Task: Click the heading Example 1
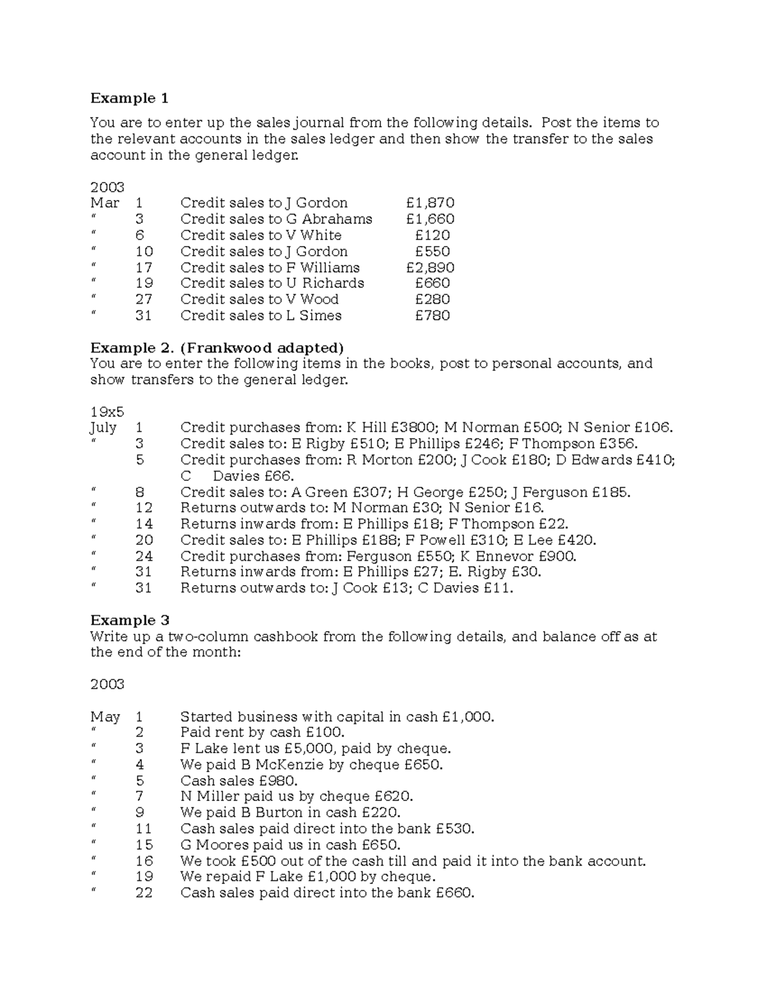coord(129,98)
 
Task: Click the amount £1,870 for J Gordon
coord(430,203)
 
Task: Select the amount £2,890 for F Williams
coord(430,268)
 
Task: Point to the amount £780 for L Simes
coord(432,316)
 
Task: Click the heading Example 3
coord(129,620)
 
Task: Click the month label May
coord(105,717)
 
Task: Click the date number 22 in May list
coord(144,893)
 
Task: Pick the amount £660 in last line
coord(454,893)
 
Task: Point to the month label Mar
coord(105,203)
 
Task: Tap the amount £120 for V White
coord(432,235)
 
